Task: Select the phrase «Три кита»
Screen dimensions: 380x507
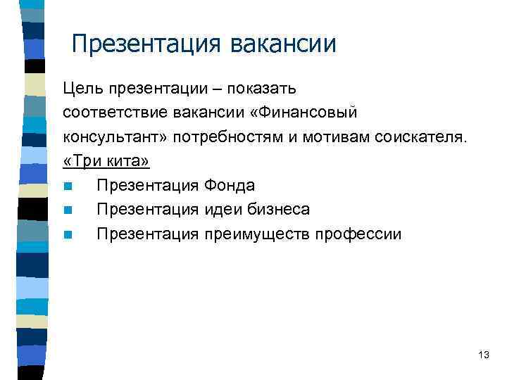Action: (x=106, y=161)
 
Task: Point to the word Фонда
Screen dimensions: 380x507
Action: (x=230, y=186)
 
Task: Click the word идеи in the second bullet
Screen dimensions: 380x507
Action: (x=220, y=210)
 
